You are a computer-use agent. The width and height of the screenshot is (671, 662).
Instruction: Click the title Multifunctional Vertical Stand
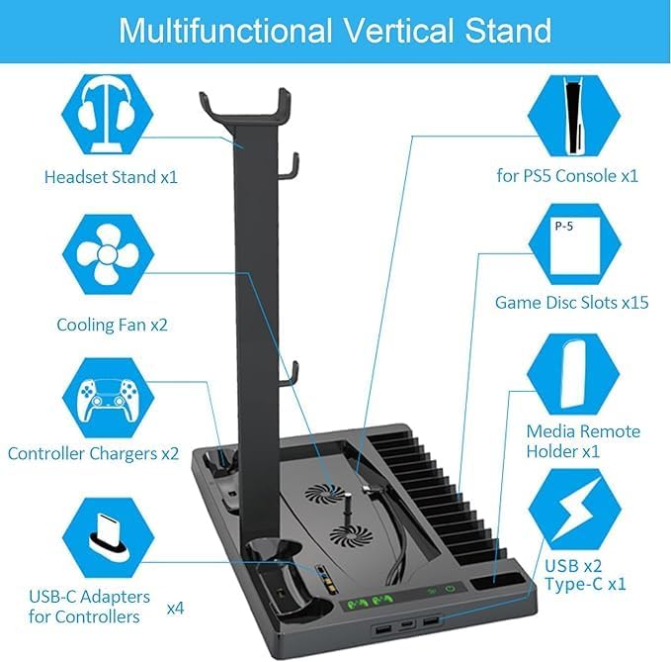point(335,30)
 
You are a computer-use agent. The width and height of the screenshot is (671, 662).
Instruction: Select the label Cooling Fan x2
point(112,324)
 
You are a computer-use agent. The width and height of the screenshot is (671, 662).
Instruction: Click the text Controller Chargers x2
point(93,454)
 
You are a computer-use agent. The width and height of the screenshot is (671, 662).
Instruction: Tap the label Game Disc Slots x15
point(572,302)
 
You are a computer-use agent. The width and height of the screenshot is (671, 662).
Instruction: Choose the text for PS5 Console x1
point(567,175)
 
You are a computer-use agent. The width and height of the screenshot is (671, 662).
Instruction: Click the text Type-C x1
point(586,584)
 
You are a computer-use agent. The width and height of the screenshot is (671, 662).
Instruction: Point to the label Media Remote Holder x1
point(583,441)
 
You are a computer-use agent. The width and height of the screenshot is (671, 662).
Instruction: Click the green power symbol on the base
point(451,592)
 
